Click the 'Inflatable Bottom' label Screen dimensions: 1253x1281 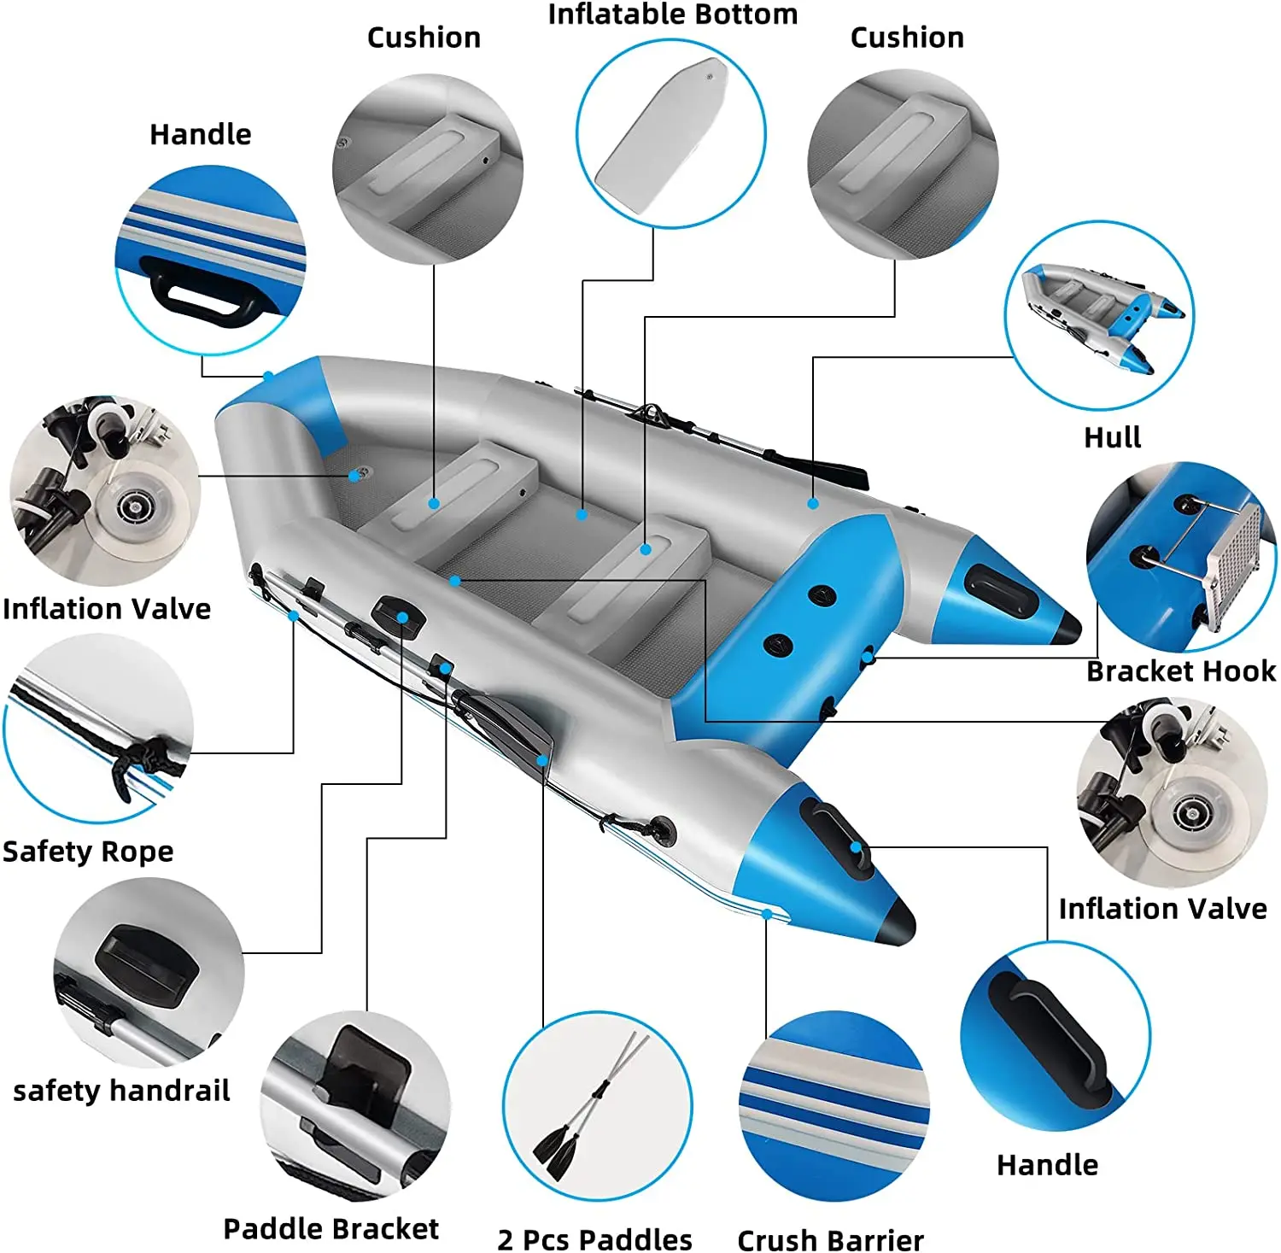[x=672, y=15]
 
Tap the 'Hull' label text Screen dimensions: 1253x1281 [x=1112, y=437]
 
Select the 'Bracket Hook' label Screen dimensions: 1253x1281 [x=1180, y=671]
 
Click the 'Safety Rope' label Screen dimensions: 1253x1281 [x=88, y=852]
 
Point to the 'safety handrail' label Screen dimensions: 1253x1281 [x=121, y=1091]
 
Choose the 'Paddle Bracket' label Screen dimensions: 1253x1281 [x=330, y=1228]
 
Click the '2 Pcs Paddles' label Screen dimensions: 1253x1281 [x=594, y=1239]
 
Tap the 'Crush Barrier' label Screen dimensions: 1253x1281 [x=830, y=1239]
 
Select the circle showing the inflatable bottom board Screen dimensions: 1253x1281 [x=670, y=134]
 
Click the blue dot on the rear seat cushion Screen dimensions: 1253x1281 [x=434, y=504]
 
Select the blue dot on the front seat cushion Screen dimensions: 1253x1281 [x=646, y=549]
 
